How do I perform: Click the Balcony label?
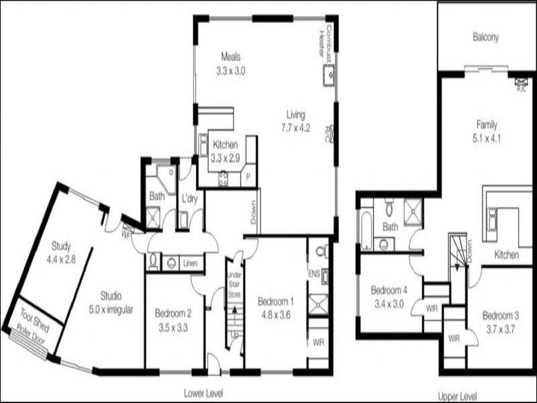(485, 38)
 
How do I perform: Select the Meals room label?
(230, 57)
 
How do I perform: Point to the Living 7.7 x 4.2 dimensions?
(295, 127)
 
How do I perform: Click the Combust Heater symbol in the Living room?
(330, 75)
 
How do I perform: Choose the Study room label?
(61, 246)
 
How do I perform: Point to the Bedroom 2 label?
(174, 312)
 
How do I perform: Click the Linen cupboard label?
(190, 263)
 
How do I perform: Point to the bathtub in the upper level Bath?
(367, 230)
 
